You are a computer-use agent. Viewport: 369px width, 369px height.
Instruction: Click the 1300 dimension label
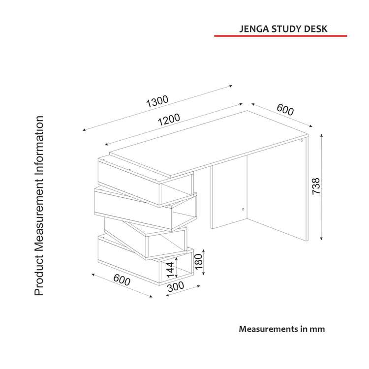157,101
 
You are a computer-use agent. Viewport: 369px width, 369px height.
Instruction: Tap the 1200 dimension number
169,120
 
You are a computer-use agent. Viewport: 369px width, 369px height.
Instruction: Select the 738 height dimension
316,186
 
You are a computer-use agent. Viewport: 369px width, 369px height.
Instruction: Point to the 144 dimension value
170,270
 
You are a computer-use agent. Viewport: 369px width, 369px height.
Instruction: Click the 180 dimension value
198,262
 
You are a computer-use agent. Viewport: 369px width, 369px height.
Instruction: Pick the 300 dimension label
176,287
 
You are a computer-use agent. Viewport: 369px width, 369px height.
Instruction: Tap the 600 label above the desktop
285,109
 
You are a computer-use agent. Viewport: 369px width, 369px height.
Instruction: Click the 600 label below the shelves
122,280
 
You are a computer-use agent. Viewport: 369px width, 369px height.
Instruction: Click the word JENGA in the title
254,29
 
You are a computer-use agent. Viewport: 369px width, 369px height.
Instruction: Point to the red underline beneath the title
280,36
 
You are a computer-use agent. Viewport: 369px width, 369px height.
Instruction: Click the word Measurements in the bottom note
269,329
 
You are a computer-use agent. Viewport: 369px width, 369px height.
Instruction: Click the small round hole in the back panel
243,209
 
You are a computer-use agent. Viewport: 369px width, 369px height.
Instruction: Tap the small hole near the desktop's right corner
302,141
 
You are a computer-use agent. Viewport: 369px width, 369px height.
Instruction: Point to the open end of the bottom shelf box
176,267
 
